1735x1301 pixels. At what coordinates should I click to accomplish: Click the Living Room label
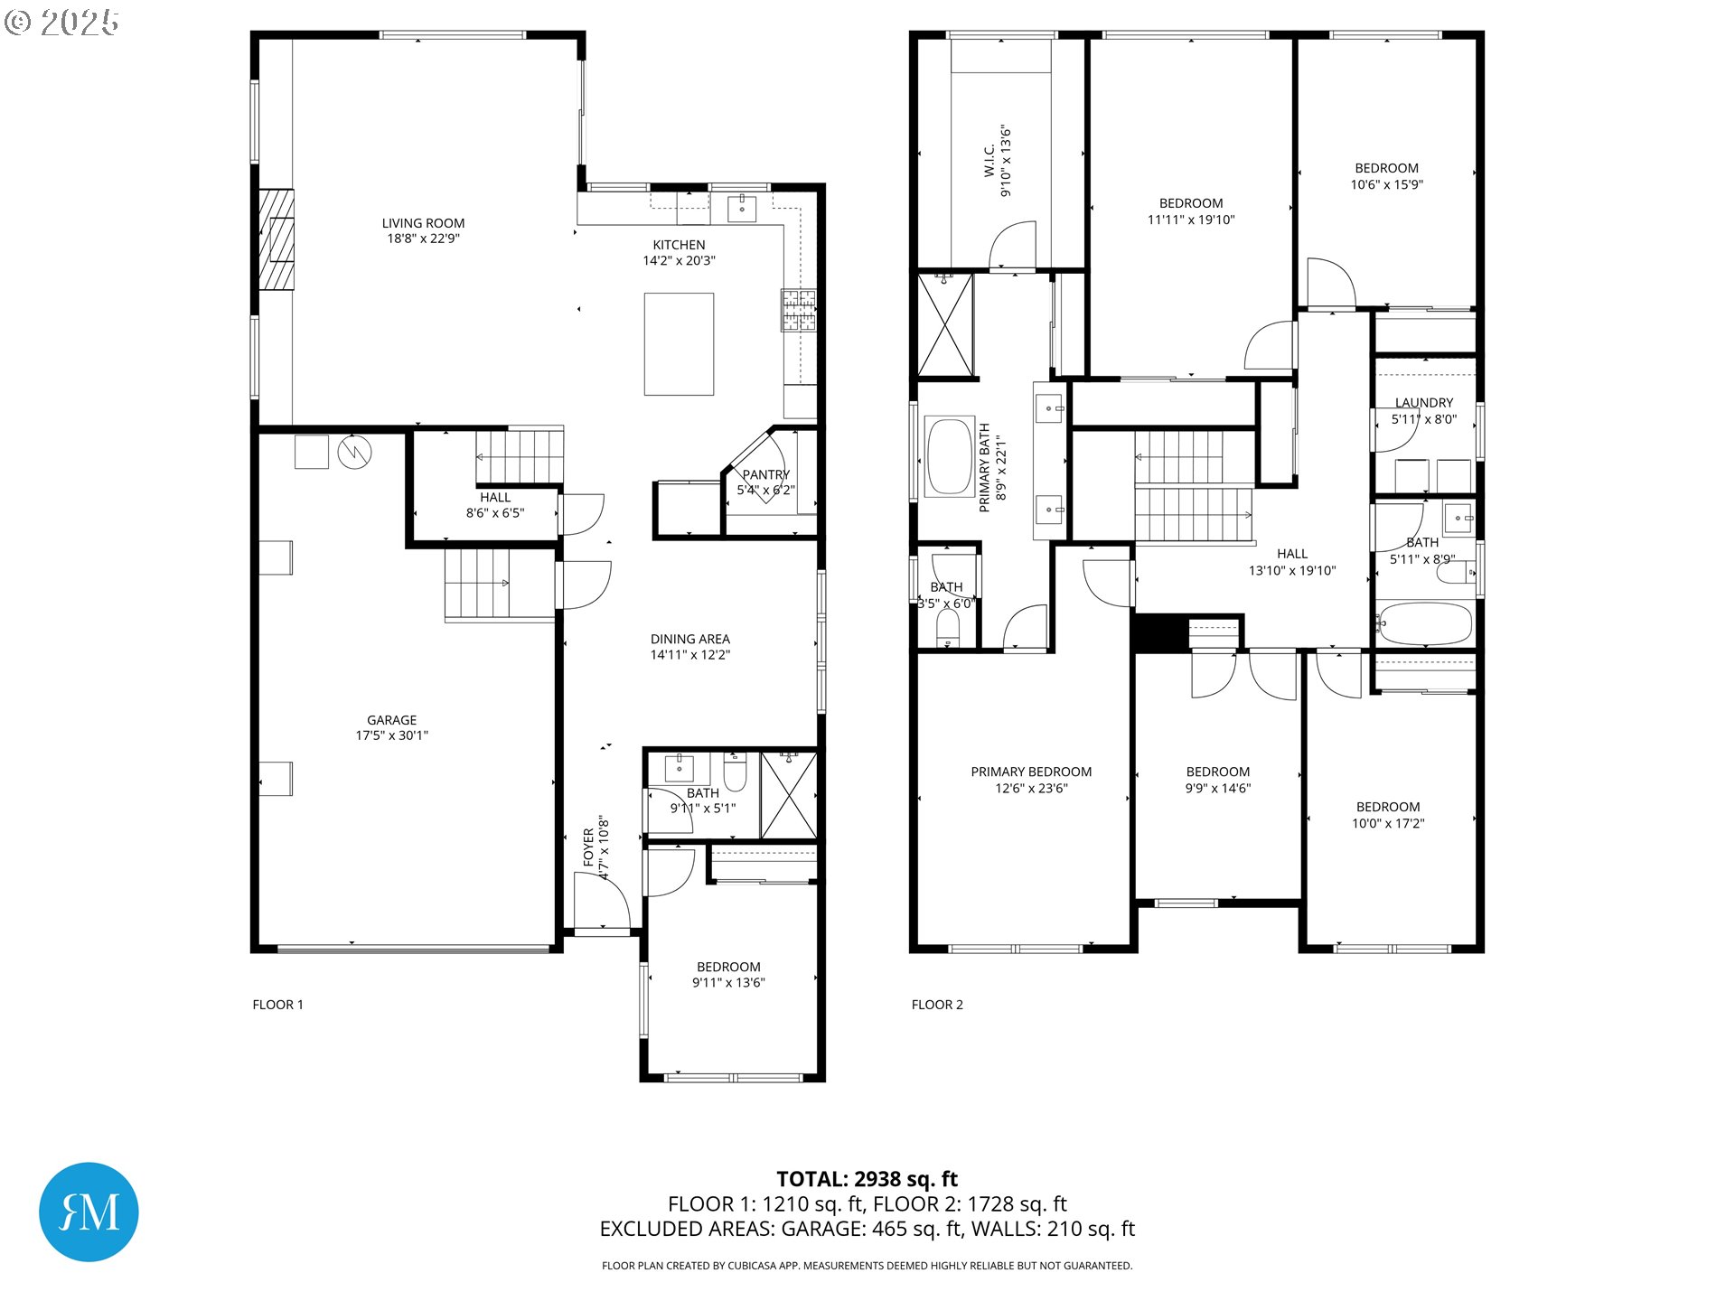[423, 223]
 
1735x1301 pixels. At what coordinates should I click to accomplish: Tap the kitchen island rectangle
[679, 344]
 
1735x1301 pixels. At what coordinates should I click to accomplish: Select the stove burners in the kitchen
[799, 310]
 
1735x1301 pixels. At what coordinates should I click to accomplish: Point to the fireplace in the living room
[277, 239]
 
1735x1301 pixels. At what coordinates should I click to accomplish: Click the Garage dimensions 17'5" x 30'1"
[392, 735]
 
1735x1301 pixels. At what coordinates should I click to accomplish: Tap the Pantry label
[765, 474]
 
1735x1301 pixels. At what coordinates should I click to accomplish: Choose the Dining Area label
[690, 639]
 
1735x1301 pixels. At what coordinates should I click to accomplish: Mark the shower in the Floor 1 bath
[789, 795]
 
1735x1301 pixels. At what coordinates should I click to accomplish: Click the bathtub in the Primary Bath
[949, 456]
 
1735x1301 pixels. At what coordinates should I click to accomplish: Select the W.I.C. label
[989, 161]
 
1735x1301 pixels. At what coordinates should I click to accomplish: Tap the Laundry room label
[1424, 403]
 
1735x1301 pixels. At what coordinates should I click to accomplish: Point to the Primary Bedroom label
[1031, 772]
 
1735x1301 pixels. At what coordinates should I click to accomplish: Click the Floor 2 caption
[937, 1005]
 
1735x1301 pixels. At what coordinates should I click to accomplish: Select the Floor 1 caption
[278, 1005]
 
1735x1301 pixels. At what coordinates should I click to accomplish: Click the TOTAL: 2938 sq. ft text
[867, 1179]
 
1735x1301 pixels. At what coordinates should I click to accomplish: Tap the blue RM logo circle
[89, 1212]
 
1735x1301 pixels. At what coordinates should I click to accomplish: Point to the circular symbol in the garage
[355, 452]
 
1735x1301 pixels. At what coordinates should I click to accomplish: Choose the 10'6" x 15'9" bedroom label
[1387, 184]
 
